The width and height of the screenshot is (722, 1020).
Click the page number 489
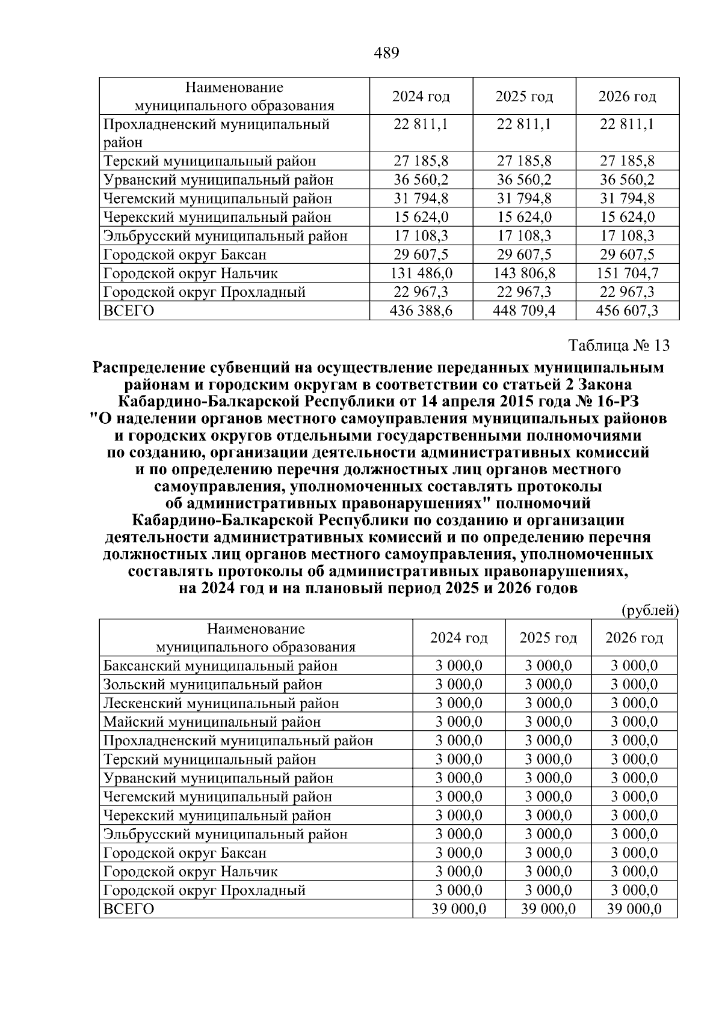[x=386, y=53]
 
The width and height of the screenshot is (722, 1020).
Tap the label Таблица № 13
[x=619, y=346]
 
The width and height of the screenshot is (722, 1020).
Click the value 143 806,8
[x=524, y=273]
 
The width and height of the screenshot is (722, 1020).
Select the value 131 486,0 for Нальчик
[x=421, y=273]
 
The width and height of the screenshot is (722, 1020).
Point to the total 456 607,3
[x=627, y=311]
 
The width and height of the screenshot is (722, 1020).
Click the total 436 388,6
[x=421, y=311]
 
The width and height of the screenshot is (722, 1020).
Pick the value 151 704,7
[x=627, y=273]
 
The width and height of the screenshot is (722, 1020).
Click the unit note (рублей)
[x=649, y=611]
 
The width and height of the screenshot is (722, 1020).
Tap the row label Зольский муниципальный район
[x=212, y=685]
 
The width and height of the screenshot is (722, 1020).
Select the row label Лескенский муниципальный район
[x=221, y=703]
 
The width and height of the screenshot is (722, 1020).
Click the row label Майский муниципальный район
[x=212, y=722]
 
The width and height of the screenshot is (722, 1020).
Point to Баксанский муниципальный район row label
[x=220, y=666]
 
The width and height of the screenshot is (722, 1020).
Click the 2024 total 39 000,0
[x=458, y=909]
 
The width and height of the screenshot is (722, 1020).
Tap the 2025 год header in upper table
[x=524, y=97]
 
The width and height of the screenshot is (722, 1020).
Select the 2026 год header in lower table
[x=634, y=638]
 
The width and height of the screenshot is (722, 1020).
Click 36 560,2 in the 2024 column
[x=421, y=180]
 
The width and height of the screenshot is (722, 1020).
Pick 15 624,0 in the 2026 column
[x=627, y=217]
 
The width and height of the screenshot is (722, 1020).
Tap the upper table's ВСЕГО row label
[x=129, y=311]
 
